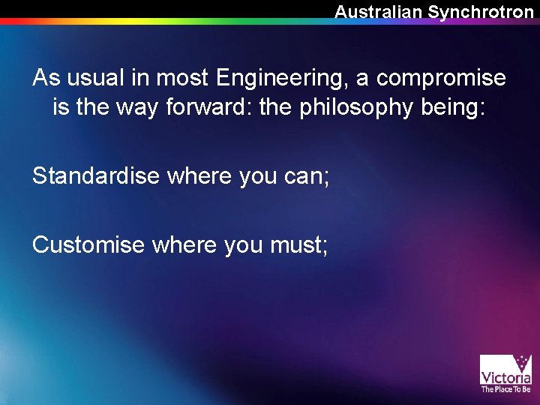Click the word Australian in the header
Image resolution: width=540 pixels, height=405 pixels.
379,12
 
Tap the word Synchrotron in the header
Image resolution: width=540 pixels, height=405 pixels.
481,12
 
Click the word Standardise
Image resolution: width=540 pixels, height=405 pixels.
96,176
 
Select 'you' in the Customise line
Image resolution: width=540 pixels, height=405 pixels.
242,244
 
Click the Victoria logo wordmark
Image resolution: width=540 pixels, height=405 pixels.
505,378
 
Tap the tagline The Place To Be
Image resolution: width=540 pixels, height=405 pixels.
505,389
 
